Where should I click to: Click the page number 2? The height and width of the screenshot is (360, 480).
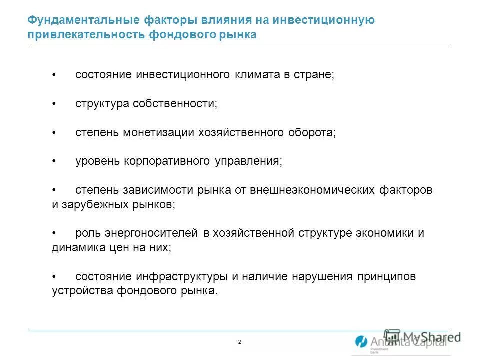(x=239, y=342)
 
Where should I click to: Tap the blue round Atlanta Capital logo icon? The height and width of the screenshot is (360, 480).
(x=361, y=342)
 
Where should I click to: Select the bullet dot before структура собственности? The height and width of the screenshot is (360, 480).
(x=54, y=104)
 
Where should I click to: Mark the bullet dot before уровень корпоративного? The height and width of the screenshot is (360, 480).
(x=54, y=162)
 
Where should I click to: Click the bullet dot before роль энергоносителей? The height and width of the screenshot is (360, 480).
(x=54, y=234)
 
